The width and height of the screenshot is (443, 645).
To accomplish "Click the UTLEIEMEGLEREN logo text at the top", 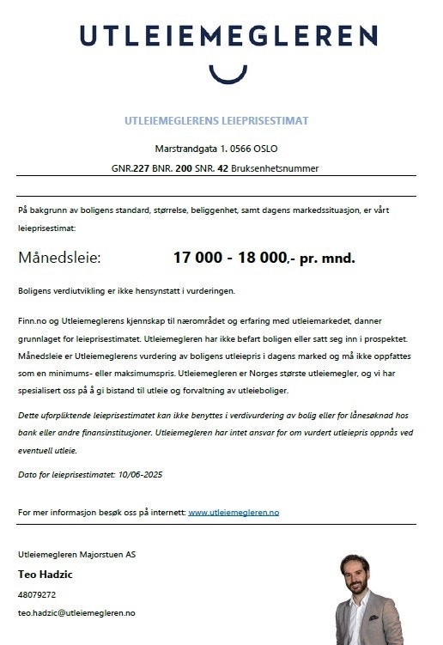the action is (x=228, y=35).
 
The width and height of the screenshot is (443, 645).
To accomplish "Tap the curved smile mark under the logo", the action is (x=228, y=73).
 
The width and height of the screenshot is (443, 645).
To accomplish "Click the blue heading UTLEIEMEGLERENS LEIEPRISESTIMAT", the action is (x=215, y=120).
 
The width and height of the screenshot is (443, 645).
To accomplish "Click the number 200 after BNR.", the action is (x=184, y=168).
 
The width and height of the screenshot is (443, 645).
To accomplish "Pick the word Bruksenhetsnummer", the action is (x=279, y=168).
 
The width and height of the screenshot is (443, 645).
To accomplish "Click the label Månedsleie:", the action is (x=59, y=257).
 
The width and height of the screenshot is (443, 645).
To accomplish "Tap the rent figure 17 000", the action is (x=198, y=257).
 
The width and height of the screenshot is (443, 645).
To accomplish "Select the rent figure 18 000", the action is (x=261, y=257).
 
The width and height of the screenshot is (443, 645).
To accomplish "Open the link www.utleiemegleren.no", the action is (x=234, y=512).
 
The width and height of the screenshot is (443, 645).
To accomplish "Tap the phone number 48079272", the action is (x=37, y=594).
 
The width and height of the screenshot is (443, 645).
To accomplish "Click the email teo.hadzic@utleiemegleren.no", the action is (x=76, y=613).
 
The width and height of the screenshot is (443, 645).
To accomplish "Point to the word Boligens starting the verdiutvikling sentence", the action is (x=35, y=290).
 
